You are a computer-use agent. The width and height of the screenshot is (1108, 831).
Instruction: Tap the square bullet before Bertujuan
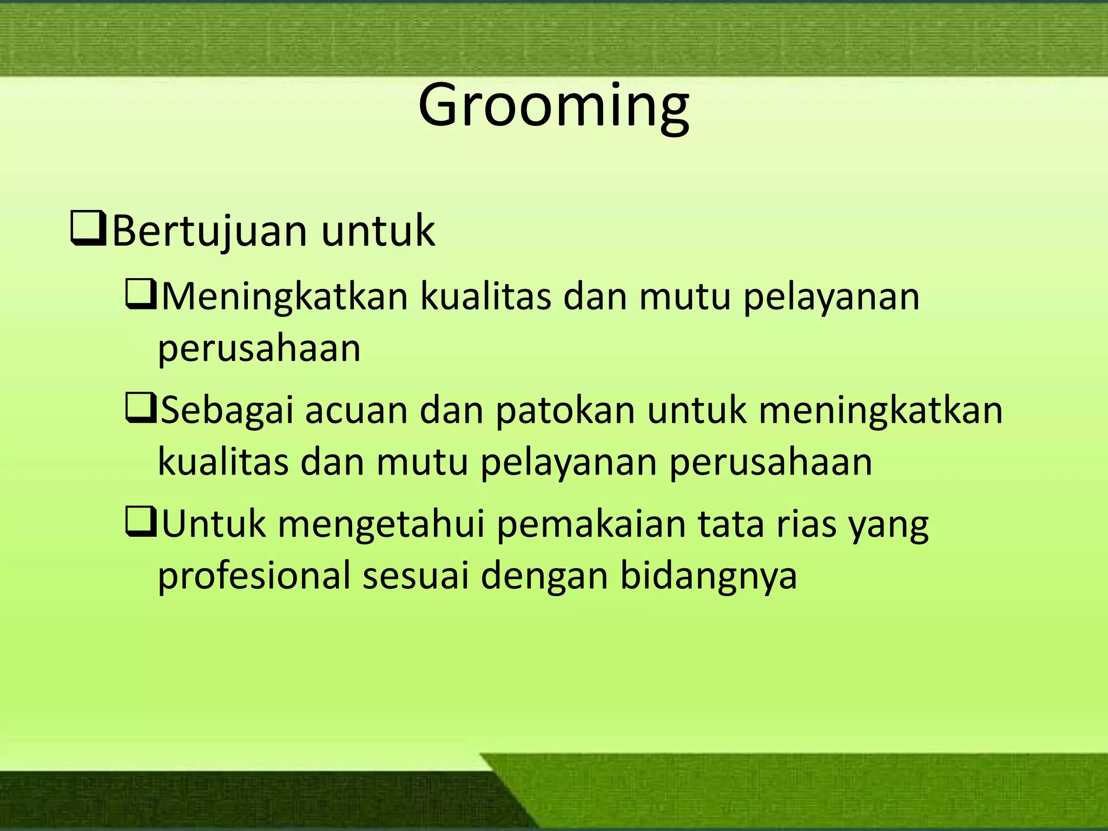(88, 232)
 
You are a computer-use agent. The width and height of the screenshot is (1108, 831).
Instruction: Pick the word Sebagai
(227, 411)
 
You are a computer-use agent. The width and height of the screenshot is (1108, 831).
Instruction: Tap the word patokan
(565, 411)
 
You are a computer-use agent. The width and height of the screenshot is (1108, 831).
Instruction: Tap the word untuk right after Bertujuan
(378, 232)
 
